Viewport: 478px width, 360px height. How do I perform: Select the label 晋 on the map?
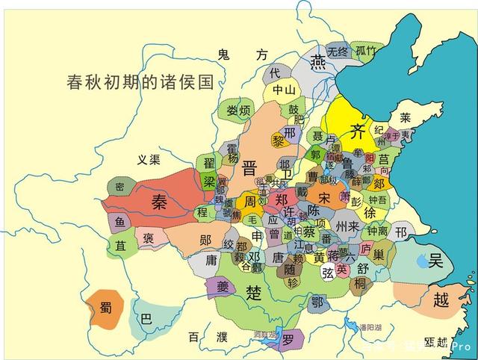(x=249, y=168)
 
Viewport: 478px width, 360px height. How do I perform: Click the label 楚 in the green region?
(x=255, y=292)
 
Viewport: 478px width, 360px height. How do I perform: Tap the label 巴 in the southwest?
(x=146, y=317)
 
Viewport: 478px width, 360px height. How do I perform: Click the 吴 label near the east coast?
(x=436, y=261)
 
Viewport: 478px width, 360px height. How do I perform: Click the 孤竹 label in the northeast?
(x=366, y=51)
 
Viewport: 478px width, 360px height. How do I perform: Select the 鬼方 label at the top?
(x=241, y=54)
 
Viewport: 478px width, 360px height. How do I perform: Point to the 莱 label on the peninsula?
(x=405, y=117)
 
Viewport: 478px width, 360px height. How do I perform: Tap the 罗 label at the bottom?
(x=288, y=339)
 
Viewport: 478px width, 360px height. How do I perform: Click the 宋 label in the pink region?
(x=324, y=198)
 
